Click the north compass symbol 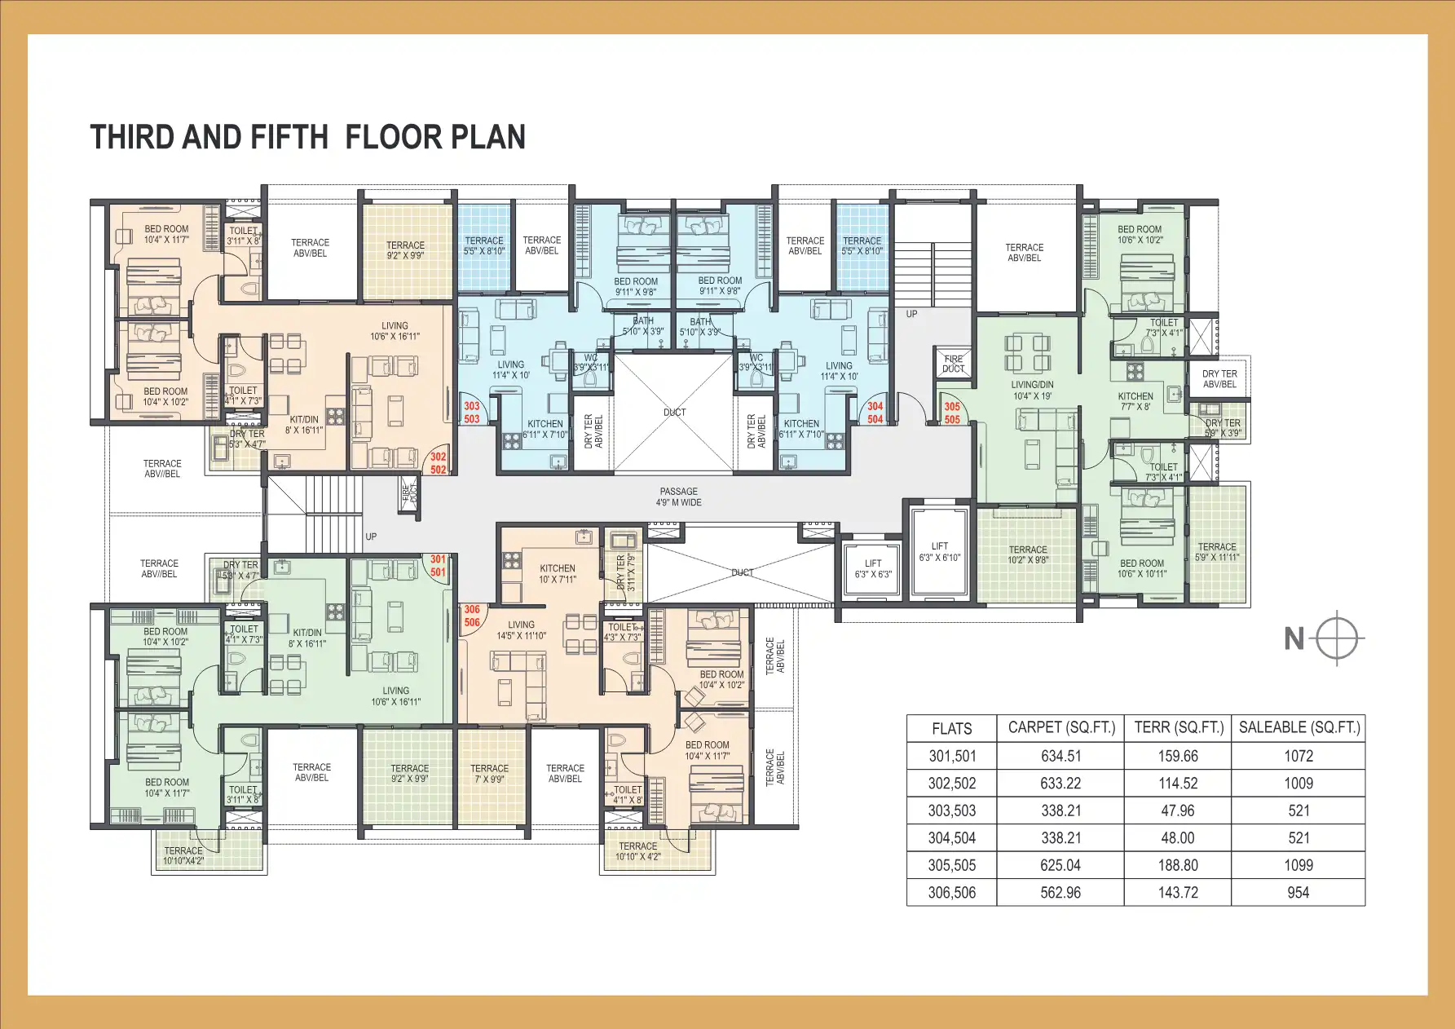1337,638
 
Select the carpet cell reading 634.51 1060,756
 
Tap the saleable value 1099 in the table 1298,865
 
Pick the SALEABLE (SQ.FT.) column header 1298,727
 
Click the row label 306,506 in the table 951,893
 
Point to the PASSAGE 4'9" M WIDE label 678,497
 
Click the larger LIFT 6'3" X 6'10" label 939,552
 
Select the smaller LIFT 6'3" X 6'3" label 872,568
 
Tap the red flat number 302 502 438,463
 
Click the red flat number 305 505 952,413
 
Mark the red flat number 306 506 472,616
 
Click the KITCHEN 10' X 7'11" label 557,573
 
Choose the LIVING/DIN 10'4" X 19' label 1032,390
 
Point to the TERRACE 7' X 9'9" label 489,773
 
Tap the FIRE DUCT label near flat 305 953,364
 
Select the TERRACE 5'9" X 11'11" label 1216,552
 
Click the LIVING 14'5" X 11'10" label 521,629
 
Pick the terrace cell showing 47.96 1177,810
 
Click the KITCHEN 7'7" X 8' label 1135,401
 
